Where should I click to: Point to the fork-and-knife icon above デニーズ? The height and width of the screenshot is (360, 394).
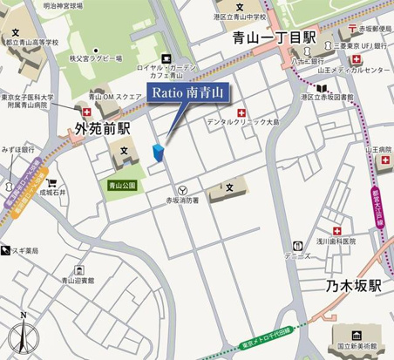(x=298, y=247)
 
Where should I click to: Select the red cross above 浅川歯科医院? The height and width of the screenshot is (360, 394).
(x=336, y=230)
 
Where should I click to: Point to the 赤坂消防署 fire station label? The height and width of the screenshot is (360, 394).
(x=182, y=200)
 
